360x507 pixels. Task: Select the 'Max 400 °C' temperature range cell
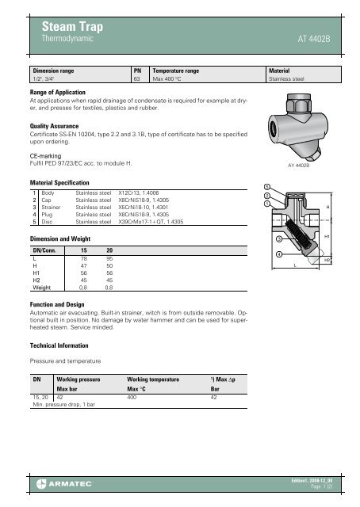170,80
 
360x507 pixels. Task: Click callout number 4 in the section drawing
278,253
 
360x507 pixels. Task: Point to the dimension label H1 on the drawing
327,237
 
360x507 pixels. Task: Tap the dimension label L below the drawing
296,266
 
